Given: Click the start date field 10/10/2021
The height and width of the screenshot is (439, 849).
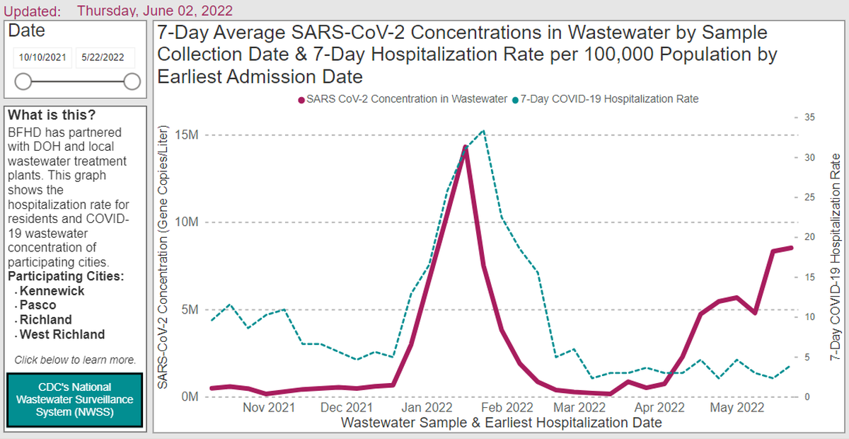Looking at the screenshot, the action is click(x=42, y=57).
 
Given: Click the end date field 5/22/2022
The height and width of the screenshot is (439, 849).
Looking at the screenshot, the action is click(x=103, y=57).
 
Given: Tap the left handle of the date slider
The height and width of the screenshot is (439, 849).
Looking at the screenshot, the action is click(x=23, y=81).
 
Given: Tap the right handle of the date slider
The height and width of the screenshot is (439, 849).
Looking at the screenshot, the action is click(x=132, y=81).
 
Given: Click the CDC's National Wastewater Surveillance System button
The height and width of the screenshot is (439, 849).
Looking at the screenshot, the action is click(x=75, y=399).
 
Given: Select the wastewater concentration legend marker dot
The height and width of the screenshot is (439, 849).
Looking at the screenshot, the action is click(x=301, y=100).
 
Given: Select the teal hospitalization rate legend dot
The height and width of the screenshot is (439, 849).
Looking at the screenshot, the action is click(x=515, y=100).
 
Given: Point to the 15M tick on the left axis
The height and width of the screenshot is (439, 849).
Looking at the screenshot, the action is click(x=187, y=135).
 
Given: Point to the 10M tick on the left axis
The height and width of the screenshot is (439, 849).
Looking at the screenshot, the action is click(x=187, y=222).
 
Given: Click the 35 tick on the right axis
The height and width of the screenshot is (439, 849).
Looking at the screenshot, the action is click(x=809, y=118).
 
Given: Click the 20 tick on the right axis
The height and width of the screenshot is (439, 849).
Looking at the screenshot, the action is click(x=809, y=236).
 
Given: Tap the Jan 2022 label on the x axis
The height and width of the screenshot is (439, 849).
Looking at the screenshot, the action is click(x=427, y=408).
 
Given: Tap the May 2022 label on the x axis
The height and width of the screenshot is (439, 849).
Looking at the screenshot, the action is click(x=737, y=408).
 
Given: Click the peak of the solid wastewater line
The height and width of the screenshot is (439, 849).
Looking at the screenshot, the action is click(x=466, y=147).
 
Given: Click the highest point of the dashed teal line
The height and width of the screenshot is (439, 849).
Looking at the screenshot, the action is click(x=483, y=131).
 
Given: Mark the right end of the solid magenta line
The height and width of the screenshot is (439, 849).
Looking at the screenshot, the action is click(x=792, y=248).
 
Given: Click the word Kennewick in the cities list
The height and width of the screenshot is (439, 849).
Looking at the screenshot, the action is click(x=52, y=291).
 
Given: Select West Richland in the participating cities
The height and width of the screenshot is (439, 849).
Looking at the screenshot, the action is click(x=62, y=334).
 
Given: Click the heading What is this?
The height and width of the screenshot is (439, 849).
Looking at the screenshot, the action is click(x=52, y=115).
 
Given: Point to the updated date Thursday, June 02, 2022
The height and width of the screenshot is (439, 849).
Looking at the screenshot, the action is click(x=155, y=11).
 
